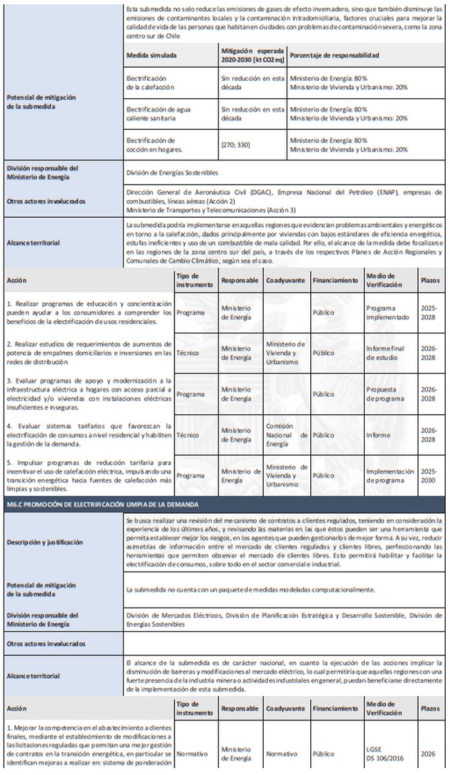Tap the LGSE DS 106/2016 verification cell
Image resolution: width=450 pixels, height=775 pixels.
pos(383,754)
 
